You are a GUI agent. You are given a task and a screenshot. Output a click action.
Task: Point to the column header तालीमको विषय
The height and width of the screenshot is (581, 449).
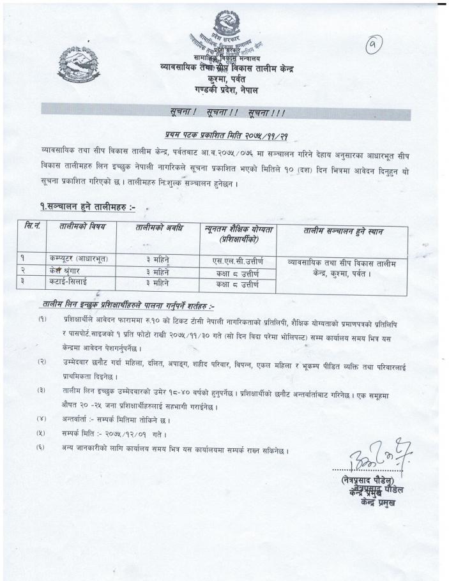tap(82, 228)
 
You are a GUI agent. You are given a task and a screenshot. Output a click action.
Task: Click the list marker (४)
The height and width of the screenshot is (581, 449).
tap(42, 420)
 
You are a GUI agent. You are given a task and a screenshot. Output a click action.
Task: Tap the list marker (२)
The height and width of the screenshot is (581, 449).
tap(42, 362)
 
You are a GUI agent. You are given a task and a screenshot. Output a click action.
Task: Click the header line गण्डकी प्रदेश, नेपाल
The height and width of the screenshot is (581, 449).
tap(227, 91)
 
